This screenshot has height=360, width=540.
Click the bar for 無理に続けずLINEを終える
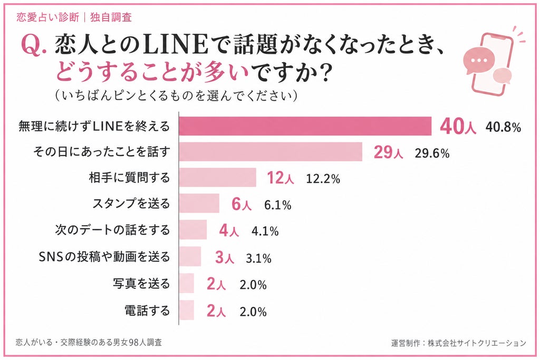(305, 126)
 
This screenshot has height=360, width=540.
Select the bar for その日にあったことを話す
(271, 151)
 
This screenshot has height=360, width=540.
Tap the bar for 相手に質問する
(218, 177)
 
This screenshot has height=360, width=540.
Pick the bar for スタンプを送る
(199, 203)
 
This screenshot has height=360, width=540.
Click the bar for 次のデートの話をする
(193, 230)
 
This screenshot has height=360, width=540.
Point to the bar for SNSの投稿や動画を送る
(190, 256)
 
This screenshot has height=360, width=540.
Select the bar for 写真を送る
(186, 283)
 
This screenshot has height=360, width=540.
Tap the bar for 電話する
(186, 310)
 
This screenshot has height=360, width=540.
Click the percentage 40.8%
(503, 128)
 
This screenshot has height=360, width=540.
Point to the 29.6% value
(432, 153)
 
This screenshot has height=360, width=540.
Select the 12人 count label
(281, 178)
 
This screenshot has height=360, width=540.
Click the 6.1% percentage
(277, 205)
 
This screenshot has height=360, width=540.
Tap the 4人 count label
(229, 230)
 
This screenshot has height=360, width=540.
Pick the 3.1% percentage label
(258, 258)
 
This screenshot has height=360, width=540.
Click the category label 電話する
(147, 311)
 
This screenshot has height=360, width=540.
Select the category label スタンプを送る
(131, 203)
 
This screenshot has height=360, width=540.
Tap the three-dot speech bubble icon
(479, 61)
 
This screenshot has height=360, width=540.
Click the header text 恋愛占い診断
(48, 17)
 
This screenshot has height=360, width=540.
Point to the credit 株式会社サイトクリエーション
(477, 343)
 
